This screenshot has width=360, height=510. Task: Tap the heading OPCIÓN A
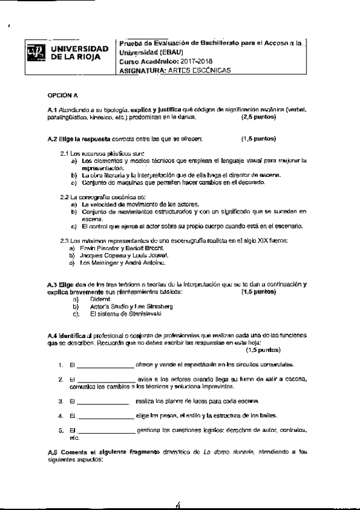tap(63, 95)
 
